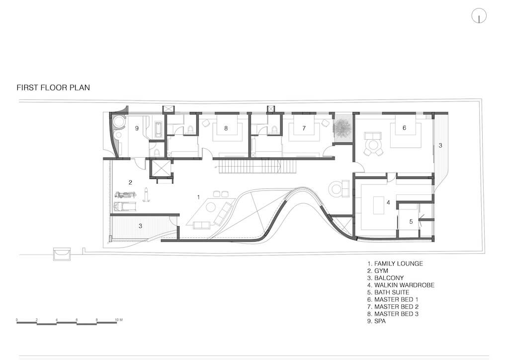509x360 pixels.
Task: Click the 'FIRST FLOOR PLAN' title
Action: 53,88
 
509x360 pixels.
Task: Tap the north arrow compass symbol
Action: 479,15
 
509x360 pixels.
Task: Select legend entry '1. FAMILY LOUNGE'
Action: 395,264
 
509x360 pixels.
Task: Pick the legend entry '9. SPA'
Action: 377,321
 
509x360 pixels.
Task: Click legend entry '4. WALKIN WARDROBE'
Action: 401,285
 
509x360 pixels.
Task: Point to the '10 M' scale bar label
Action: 119,320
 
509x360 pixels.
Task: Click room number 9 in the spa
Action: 137,128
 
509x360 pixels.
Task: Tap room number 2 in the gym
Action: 130,182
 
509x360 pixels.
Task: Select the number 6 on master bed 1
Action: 404,128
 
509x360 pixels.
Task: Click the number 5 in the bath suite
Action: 411,221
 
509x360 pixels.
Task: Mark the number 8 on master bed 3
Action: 226,128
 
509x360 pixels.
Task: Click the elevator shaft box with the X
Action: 161,169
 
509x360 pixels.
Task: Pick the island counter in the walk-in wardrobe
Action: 378,205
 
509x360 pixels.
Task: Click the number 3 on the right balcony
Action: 440,145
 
